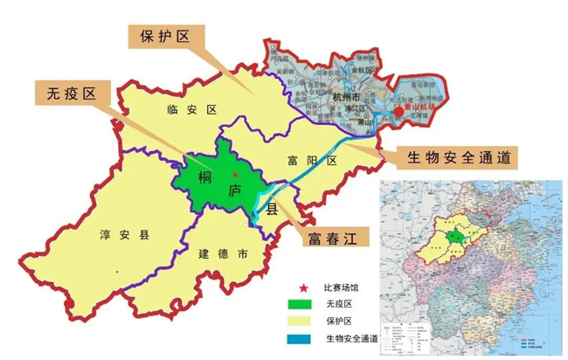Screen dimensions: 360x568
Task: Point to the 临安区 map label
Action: pos(190,109)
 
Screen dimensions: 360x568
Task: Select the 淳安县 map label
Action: pos(120,234)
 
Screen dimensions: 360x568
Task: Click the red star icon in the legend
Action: pos(303,287)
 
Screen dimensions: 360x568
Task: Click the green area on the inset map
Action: pos(453,238)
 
